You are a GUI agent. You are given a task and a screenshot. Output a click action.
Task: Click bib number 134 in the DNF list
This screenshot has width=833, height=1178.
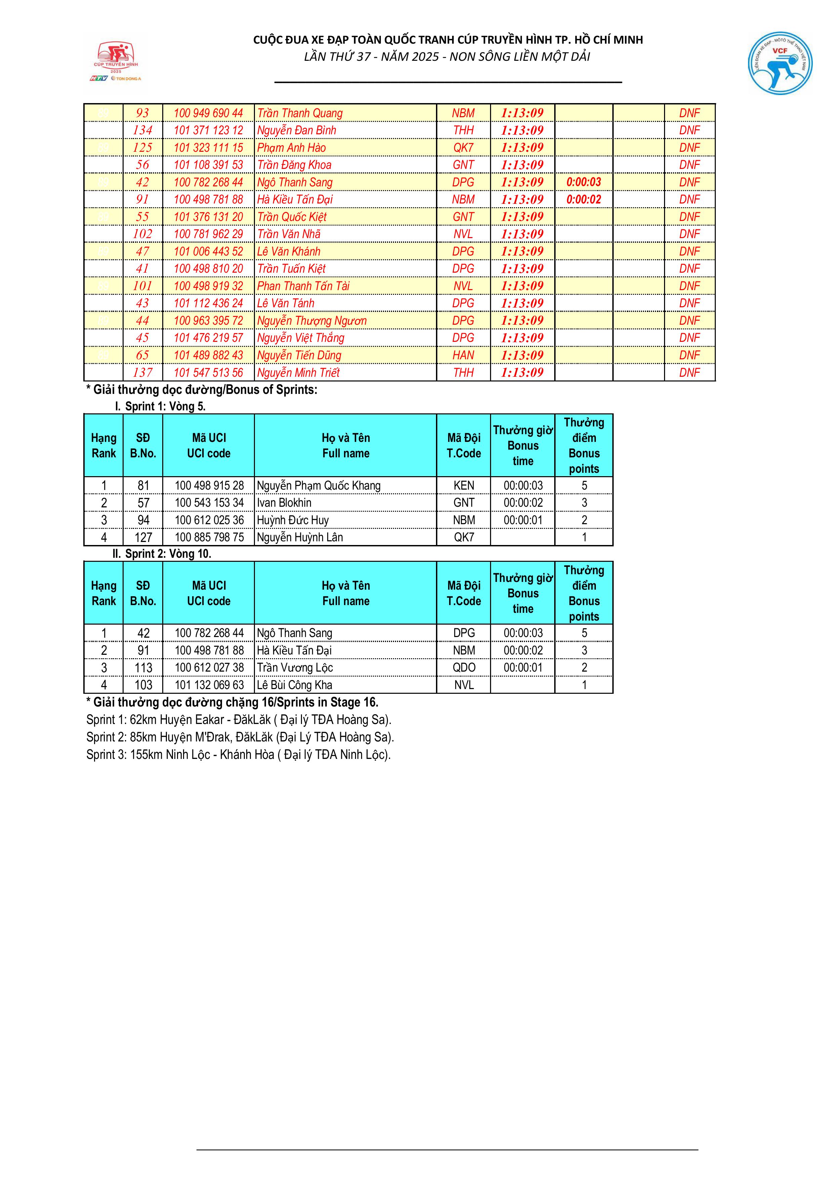(x=143, y=130)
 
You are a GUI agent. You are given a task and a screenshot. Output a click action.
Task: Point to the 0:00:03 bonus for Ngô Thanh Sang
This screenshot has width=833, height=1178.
(x=583, y=182)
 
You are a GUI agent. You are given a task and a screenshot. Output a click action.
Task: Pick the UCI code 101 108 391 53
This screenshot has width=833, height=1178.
(x=208, y=165)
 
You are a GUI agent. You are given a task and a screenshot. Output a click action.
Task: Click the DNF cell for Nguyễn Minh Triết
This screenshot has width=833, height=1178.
(x=689, y=372)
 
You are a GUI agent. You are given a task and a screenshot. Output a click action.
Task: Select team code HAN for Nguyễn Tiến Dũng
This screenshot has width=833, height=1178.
(x=463, y=355)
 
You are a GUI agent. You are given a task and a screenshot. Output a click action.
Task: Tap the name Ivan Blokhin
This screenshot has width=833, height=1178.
(x=284, y=503)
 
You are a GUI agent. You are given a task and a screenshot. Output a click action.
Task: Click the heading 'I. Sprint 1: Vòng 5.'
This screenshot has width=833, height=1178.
(x=160, y=406)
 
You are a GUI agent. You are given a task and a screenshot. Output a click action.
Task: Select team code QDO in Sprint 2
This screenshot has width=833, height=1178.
(x=464, y=668)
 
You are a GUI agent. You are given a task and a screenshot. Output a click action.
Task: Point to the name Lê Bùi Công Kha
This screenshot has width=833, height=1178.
(x=295, y=685)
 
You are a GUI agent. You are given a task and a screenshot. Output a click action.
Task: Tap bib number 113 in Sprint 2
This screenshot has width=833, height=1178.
(x=143, y=668)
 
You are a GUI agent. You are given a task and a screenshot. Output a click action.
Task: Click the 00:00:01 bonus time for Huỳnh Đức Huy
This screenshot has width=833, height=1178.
(x=523, y=520)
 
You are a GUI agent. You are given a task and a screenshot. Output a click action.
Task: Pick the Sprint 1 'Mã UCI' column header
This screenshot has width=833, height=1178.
(x=208, y=445)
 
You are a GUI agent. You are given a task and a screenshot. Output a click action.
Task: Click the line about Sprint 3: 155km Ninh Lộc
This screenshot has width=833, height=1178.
(x=239, y=754)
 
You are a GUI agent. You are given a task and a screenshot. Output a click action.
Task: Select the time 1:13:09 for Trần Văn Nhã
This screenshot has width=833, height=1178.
(x=522, y=234)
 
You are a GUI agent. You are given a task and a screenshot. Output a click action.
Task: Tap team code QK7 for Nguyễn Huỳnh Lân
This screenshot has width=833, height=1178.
(x=464, y=537)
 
